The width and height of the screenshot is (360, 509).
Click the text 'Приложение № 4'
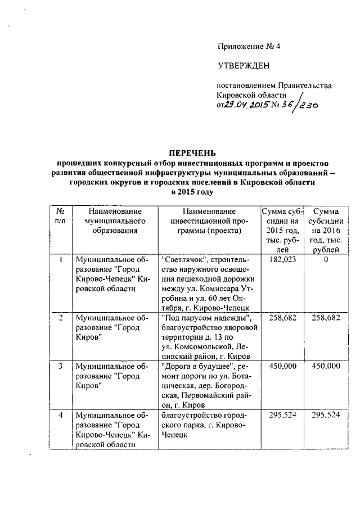coord(248,46)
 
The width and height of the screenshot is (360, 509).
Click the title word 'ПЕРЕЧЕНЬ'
coord(192,153)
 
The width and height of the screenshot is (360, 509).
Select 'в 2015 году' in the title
coord(192,191)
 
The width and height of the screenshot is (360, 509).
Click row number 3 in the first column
coord(60,366)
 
